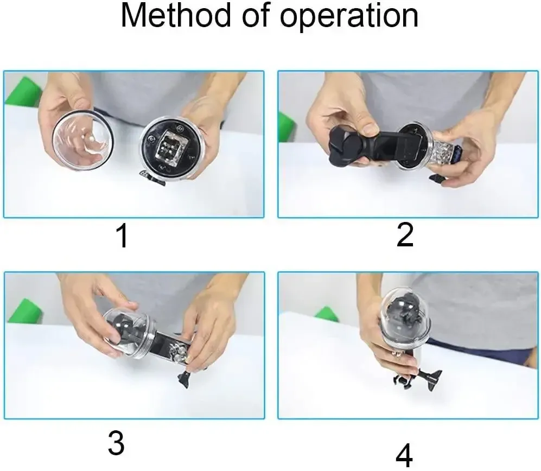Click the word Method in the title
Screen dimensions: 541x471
pyautogui.click(x=176, y=16)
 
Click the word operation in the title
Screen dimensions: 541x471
pyautogui.click(x=349, y=17)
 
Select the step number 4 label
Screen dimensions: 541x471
pyautogui.click(x=404, y=455)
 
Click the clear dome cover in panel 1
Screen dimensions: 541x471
pyautogui.click(x=82, y=141)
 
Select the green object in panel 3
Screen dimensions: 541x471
pyautogui.click(x=25, y=311)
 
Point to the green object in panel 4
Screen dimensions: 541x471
pyautogui.click(x=327, y=314)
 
